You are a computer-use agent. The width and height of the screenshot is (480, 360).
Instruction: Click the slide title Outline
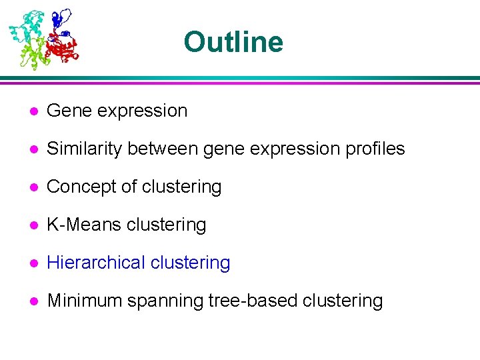[233, 42]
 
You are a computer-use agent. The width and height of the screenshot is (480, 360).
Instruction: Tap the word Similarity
[86, 149]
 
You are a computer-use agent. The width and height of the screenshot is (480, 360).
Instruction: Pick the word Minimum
[86, 301]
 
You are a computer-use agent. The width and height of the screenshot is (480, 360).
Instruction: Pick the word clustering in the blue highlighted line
[190, 263]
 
